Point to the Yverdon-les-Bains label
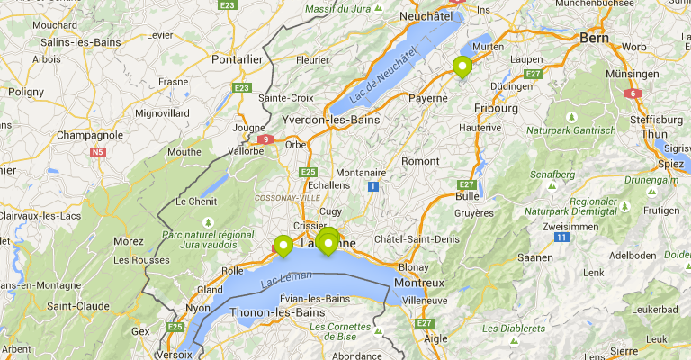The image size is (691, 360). pos(329,120)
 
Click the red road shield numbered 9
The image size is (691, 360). pos(266,139)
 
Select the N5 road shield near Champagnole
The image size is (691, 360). pos(97,152)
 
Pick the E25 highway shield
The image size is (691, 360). pos(309,171)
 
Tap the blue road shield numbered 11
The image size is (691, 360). pos(561,238)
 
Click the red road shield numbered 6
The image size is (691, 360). pos(633,93)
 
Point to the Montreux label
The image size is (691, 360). pos(419,283)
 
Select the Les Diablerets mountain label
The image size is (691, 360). pos(509,328)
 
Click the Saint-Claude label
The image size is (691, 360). pos(77,306)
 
